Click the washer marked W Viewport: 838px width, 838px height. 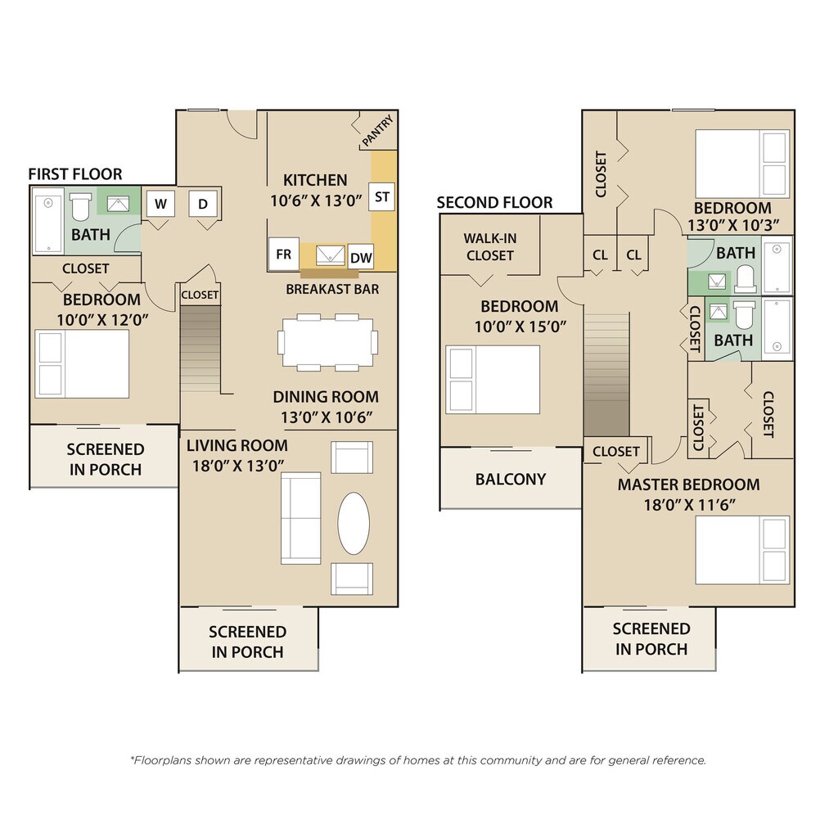(160, 204)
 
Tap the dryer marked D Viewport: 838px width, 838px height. (203, 204)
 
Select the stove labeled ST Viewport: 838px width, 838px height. (381, 196)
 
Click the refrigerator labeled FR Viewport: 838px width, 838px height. (283, 254)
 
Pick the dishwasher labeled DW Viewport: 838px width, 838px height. (361, 258)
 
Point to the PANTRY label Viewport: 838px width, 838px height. (378, 131)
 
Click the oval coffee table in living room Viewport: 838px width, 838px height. (354, 523)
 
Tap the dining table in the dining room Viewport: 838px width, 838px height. (327, 342)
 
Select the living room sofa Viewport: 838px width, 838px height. (301, 517)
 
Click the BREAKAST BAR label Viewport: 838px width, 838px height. (332, 289)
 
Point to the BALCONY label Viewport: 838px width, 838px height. (511, 479)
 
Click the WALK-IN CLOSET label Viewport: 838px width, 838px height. (490, 247)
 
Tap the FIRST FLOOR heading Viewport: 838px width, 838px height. (75, 173)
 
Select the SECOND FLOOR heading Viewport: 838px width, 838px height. (494, 203)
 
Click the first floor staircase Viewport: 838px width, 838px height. (200, 349)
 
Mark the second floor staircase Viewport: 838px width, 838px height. (606, 374)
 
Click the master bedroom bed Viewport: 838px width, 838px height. (741, 550)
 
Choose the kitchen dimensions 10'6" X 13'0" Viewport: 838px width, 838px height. (316, 201)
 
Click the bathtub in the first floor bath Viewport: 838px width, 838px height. (48, 221)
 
